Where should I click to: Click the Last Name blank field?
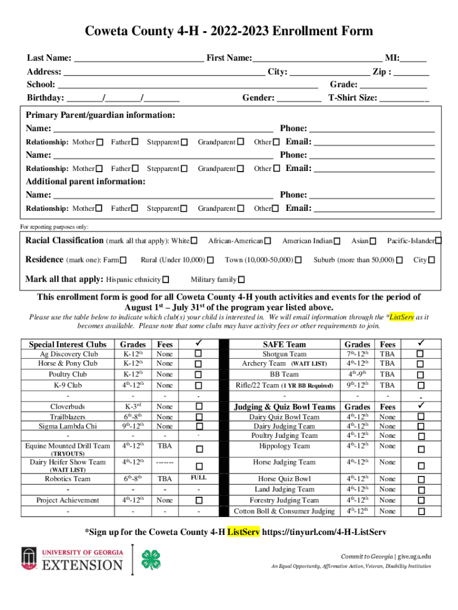(139, 58)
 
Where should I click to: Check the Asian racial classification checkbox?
(373, 241)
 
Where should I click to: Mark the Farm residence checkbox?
(123, 260)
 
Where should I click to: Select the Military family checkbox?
(241, 280)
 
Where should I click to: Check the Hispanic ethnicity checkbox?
(166, 280)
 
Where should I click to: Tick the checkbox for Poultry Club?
(199, 374)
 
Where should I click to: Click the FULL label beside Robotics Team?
(199, 478)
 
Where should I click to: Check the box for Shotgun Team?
(421, 354)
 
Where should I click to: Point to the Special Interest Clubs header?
(68, 344)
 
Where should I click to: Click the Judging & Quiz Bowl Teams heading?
(284, 406)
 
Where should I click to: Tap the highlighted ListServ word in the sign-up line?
(243, 531)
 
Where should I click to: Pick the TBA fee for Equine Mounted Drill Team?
(165, 446)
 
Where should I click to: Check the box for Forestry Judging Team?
(421, 500)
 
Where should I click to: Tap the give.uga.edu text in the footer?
(415, 556)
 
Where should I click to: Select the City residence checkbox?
(432, 260)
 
